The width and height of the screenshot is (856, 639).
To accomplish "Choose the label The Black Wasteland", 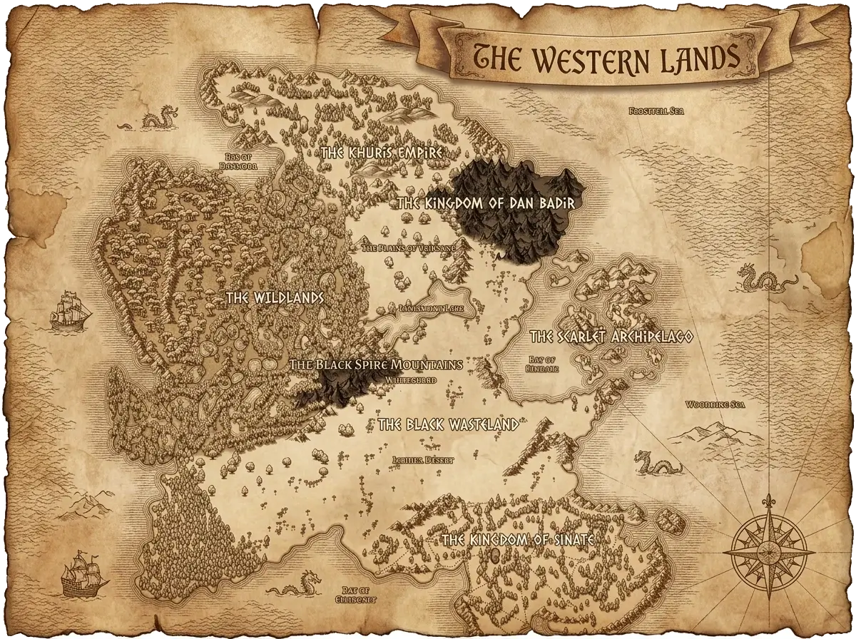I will (x=448, y=425).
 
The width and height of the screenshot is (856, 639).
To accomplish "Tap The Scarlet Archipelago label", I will (x=611, y=337).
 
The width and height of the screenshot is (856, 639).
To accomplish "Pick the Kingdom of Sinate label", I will (x=517, y=540).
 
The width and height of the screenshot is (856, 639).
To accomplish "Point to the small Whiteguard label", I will (x=410, y=381).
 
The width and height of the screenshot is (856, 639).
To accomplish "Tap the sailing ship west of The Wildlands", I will (x=71, y=310).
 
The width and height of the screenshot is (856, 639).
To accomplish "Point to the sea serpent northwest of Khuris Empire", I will (x=158, y=118).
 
